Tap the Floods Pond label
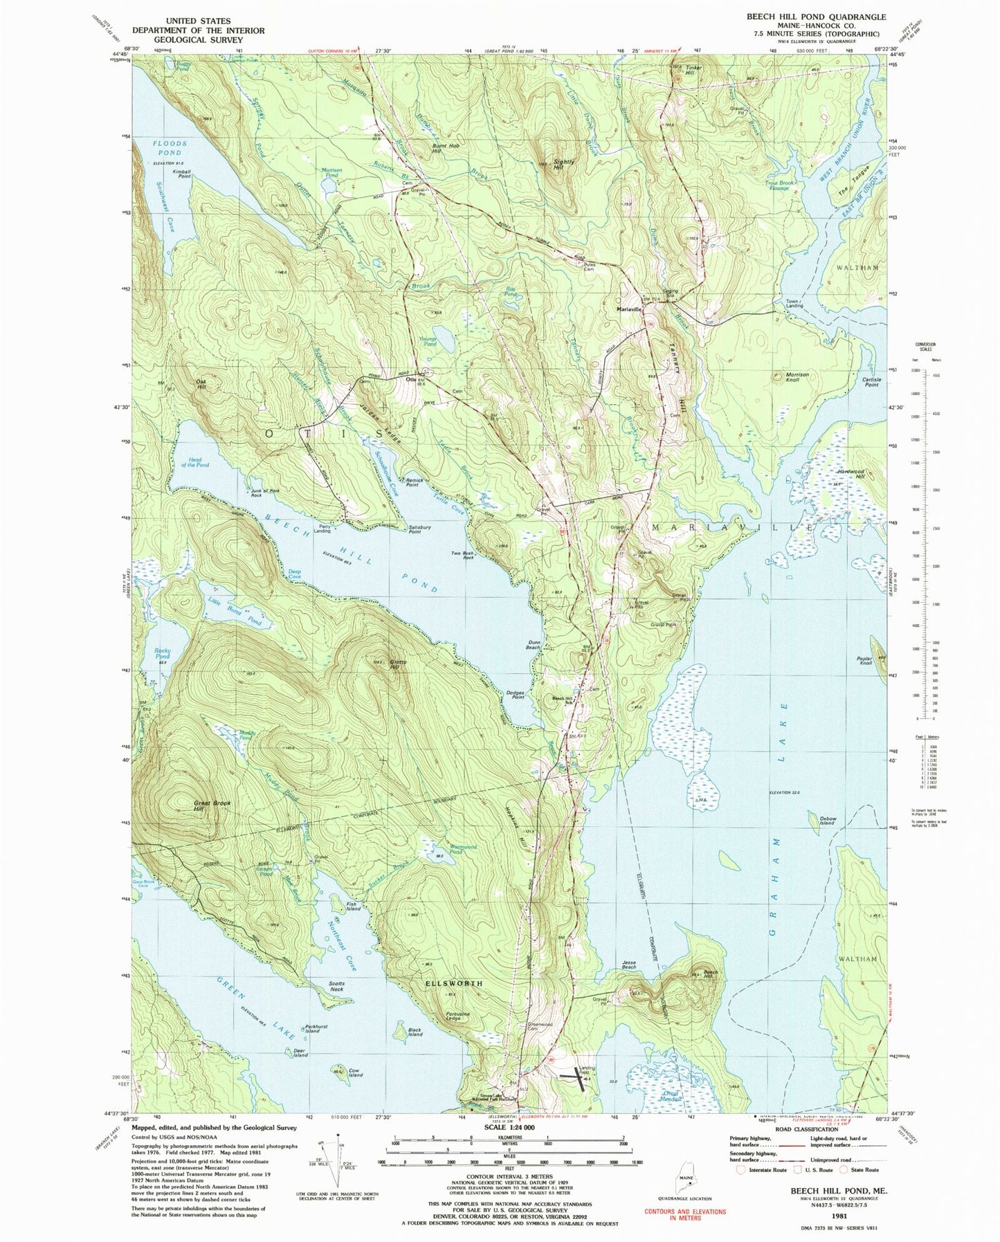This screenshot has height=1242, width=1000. pyautogui.click(x=166, y=147)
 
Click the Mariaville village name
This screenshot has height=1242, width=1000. pyautogui.click(x=630, y=309)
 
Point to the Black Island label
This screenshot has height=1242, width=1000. pyautogui.click(x=415, y=1032)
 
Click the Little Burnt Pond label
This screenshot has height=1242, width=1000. pyautogui.click(x=235, y=612)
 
